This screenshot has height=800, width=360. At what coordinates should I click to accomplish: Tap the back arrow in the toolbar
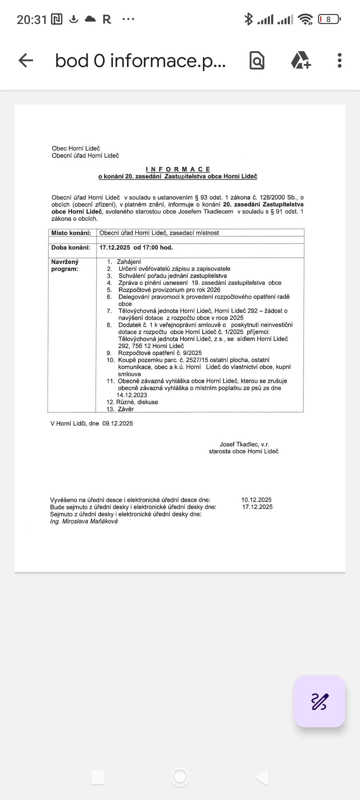pos(26,60)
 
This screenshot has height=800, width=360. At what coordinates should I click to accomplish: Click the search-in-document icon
pos(257,60)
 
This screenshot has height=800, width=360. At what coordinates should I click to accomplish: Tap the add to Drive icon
pos(301,60)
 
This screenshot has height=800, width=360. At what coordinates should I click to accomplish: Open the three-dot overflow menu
pos(339,60)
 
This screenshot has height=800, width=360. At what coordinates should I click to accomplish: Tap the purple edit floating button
pos(319,702)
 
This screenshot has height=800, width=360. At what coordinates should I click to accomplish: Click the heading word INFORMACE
pos(178,169)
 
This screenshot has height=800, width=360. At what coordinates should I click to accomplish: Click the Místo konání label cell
pos(71,233)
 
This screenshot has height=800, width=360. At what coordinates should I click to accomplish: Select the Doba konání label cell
pos(71,247)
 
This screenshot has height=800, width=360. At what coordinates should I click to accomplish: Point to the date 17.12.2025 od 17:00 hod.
pos(136,247)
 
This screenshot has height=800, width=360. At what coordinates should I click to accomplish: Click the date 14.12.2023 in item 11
pos(132,395)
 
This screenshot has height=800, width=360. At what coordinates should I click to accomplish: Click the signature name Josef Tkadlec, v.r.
pos(244,444)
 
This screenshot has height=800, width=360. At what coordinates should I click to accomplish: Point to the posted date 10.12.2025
pos(256,500)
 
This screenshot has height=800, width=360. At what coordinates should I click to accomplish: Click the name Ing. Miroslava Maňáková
pos(84,521)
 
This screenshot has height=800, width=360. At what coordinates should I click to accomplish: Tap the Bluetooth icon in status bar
pos(248,19)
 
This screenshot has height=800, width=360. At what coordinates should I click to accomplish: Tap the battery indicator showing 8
pos(329,19)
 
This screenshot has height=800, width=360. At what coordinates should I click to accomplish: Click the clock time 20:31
pos(32,20)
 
